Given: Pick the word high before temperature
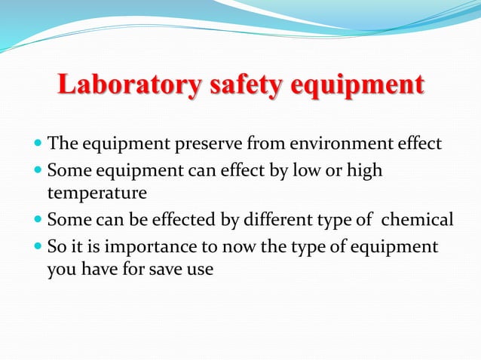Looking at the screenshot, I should tap(365, 171).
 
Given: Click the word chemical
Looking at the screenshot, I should tap(418, 220).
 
